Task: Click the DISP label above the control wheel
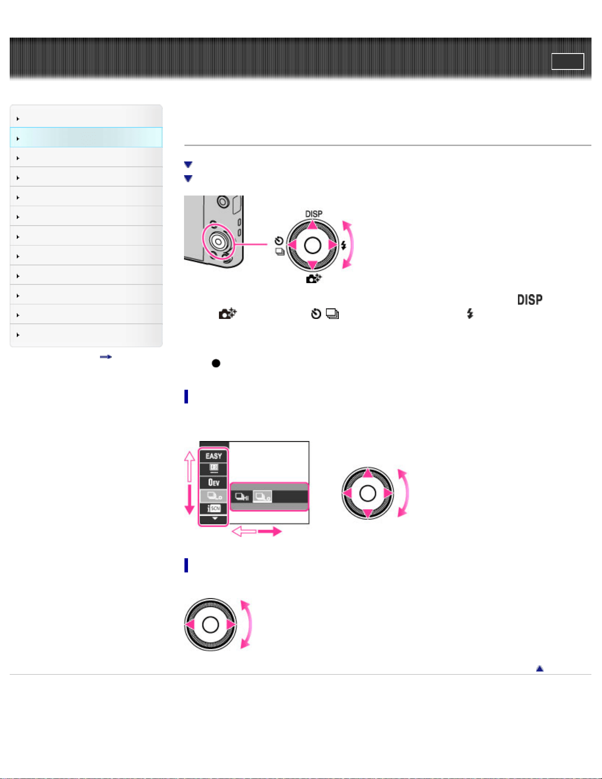[314, 214]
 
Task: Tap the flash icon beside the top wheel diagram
[343, 245]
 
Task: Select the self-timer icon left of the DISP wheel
[279, 241]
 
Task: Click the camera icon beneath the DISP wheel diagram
[314, 279]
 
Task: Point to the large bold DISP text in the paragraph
[530, 300]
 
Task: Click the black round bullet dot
[216, 363]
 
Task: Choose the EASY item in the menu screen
[214, 456]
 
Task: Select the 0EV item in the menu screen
[214, 483]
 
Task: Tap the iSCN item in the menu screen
[214, 509]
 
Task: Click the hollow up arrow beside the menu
[190, 466]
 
